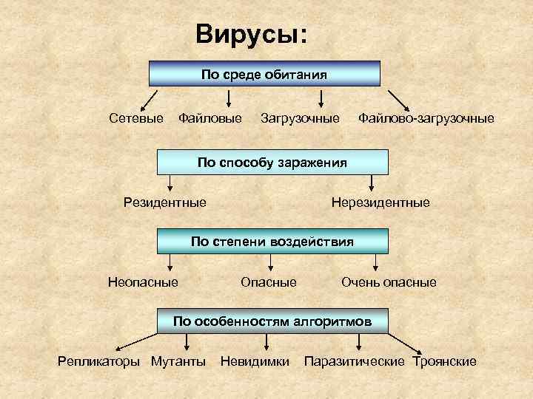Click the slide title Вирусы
click(x=251, y=35)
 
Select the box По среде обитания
click(x=265, y=75)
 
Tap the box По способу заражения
click(x=272, y=162)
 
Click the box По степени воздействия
click(x=272, y=241)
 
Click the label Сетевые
click(x=136, y=117)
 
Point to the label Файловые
click(x=210, y=117)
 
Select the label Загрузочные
click(x=300, y=117)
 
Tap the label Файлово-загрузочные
click(x=426, y=117)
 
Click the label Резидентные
click(x=165, y=202)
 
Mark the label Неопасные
click(x=143, y=282)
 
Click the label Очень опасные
click(x=389, y=282)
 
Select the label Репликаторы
click(x=99, y=361)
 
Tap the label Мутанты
click(x=178, y=361)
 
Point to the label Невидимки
click(x=255, y=361)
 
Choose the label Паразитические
click(x=355, y=361)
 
